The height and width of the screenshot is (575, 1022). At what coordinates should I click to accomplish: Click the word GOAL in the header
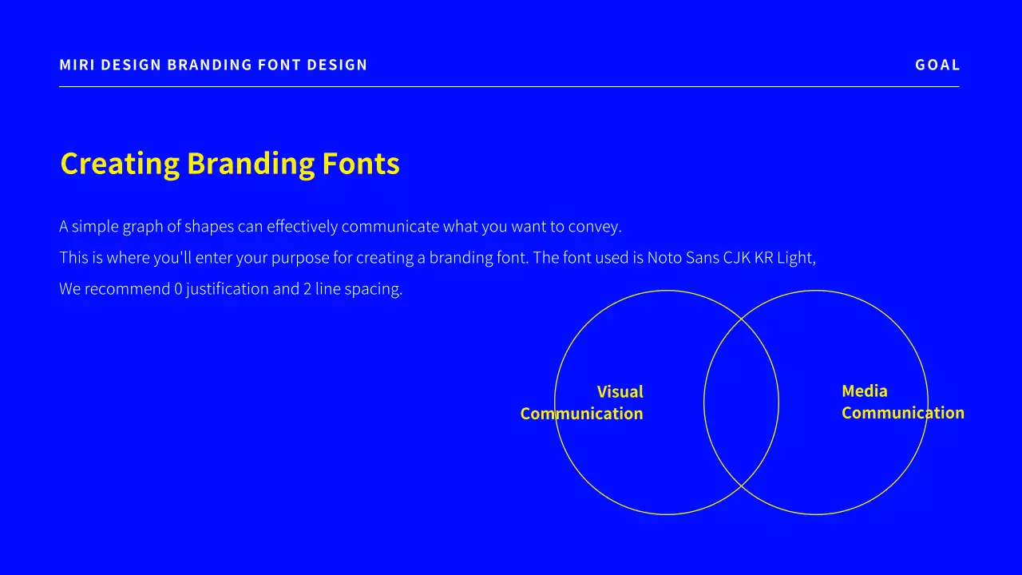937,65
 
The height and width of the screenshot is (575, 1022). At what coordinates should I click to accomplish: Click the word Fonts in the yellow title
361,164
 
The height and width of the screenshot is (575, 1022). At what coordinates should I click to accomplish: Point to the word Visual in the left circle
620,392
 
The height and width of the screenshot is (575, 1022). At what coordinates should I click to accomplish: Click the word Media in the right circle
865,391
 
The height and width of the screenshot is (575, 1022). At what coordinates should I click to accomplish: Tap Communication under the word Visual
581,414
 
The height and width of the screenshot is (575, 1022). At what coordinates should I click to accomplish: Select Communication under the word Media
903,413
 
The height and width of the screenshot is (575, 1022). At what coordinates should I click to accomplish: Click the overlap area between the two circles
741,402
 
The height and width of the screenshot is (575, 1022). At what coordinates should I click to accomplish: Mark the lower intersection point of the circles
742,486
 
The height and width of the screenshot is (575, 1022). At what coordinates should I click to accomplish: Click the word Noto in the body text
664,258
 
